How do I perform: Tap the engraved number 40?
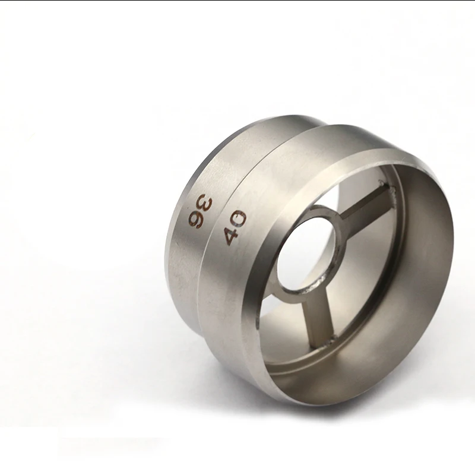click(x=235, y=228)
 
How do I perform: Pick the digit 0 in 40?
click(x=239, y=218)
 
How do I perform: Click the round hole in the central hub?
click(x=306, y=253)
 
